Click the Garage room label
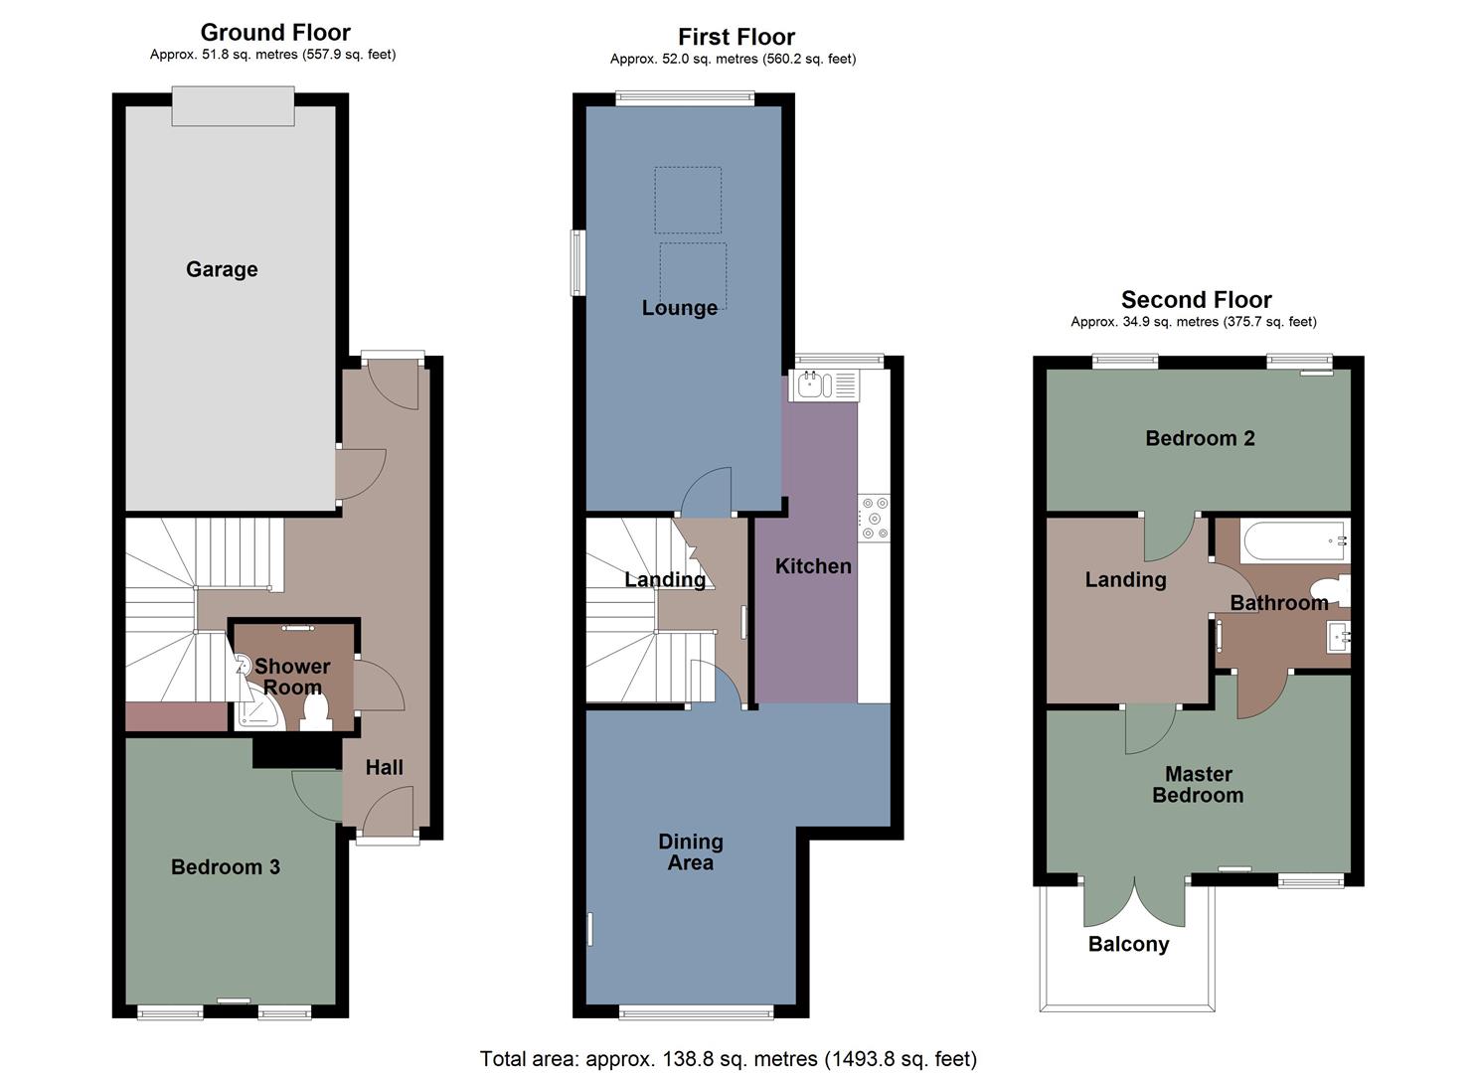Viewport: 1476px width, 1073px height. point(222,269)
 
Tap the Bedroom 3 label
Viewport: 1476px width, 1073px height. point(226,867)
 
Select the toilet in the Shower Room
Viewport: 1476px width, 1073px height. point(317,711)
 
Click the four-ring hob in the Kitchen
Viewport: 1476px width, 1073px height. point(875,518)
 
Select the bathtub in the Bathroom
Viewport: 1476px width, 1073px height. point(1293,540)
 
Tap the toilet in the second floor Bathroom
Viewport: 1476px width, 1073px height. point(1332,590)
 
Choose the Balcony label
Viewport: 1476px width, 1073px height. point(1128,945)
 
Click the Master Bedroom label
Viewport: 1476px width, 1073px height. point(1198,784)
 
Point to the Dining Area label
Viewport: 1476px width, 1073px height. point(691,851)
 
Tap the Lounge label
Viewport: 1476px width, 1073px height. point(680,308)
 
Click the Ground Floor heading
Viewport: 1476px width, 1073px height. point(275,32)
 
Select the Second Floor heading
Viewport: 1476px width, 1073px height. point(1197,299)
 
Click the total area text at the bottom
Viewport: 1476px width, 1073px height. point(729,1058)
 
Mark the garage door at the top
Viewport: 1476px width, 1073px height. point(234,105)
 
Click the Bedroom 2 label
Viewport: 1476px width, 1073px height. point(1200,438)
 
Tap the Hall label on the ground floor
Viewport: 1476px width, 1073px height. point(385,767)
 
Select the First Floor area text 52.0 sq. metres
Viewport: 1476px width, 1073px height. point(733,59)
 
